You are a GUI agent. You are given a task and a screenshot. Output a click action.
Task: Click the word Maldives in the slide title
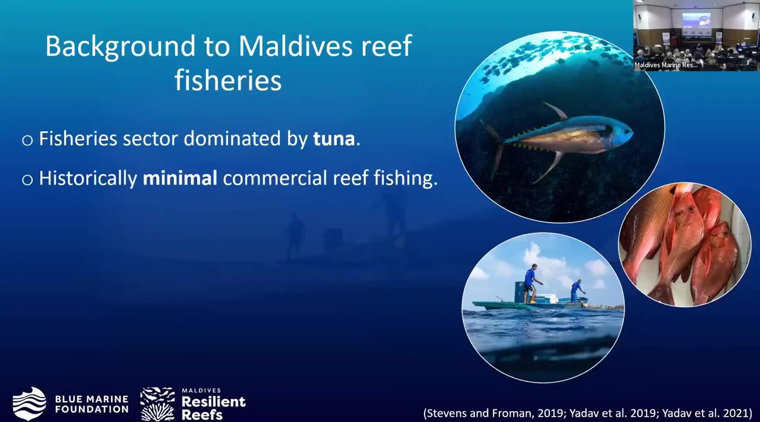click(295, 46)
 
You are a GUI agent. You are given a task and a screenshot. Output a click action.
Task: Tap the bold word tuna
click(334, 138)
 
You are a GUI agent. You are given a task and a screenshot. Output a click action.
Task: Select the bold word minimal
click(180, 177)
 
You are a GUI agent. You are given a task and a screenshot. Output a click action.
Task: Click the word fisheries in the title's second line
click(228, 80)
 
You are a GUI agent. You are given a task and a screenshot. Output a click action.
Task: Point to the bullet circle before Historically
click(27, 179)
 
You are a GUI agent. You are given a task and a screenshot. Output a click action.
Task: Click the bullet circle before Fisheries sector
click(27, 140)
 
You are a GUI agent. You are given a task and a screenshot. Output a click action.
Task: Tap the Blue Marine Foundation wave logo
click(29, 404)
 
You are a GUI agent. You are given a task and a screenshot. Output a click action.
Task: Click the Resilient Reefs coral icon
click(157, 404)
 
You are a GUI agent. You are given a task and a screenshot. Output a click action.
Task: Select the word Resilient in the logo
click(214, 402)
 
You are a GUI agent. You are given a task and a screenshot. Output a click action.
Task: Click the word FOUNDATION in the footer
click(92, 410)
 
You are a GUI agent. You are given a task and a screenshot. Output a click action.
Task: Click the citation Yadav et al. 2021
click(707, 413)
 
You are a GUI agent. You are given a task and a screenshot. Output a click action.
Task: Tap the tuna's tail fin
click(493, 148)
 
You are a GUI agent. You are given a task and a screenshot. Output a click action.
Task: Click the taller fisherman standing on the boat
click(531, 284)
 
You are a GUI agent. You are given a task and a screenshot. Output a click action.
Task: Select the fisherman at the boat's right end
click(576, 291)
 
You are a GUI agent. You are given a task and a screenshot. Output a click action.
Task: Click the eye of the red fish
click(691, 210)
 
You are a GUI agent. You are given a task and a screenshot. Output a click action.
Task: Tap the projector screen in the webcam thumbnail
click(696, 24)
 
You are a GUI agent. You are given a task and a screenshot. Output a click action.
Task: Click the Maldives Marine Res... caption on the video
click(666, 65)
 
